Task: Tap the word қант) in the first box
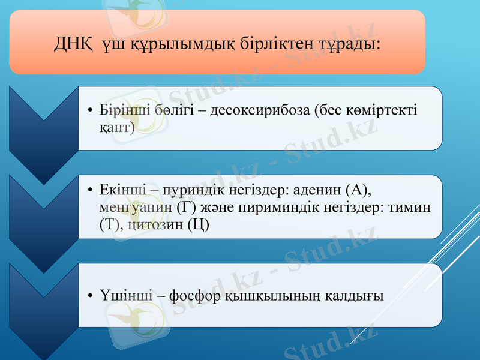coord(117,127)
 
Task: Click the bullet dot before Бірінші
coord(89,112)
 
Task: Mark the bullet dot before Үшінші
coord(89,296)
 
